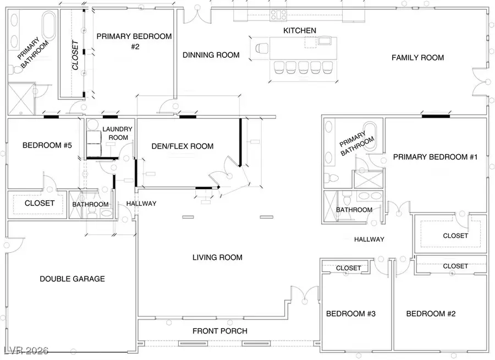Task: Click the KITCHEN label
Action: pos(300,30)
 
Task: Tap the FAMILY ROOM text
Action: pos(417,57)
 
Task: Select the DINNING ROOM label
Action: pos(211,55)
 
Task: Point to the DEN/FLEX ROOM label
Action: pos(182,146)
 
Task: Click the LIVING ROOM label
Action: pos(217,257)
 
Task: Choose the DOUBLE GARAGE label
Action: pos(72,279)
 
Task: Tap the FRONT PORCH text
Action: pos(220,331)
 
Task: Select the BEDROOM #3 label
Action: pos(350,314)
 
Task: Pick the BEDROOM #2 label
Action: pos(431,314)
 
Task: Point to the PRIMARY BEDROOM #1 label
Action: pos(435,157)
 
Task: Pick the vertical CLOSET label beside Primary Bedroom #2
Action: pos(75,55)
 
